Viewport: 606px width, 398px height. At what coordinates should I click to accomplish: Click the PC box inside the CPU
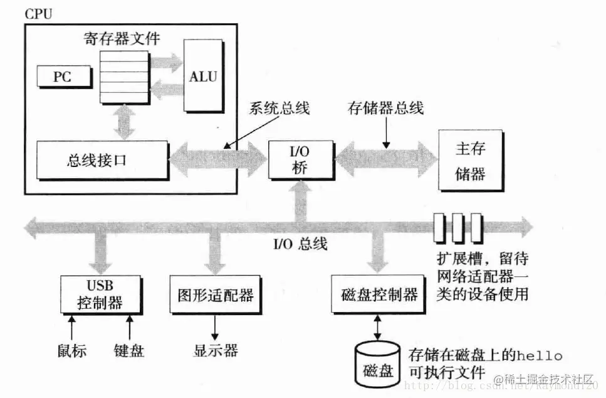coord(64,76)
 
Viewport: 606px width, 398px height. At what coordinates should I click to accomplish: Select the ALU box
coord(204,76)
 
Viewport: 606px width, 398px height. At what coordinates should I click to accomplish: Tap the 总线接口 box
coord(102,160)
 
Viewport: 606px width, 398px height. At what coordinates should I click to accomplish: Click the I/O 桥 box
coord(301,159)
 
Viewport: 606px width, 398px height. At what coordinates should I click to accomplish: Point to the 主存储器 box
coord(471,161)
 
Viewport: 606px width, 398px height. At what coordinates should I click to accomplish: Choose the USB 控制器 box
coord(100,294)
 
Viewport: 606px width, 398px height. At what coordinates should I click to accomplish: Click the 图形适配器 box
coord(216,294)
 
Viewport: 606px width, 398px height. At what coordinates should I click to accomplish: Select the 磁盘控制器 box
coord(378,294)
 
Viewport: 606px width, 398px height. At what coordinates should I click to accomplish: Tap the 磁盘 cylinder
coord(378,365)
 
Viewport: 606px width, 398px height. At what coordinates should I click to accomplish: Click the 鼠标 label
coord(72,351)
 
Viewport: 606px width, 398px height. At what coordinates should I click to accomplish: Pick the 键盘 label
coord(129,351)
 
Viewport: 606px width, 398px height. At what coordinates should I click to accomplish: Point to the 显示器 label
coord(216,351)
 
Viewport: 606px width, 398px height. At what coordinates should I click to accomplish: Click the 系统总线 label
coord(279,108)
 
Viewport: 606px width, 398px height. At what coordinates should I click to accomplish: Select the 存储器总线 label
coord(385,108)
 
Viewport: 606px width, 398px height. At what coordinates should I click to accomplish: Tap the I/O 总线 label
coord(300,244)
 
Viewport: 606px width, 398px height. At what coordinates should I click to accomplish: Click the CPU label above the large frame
coord(38,14)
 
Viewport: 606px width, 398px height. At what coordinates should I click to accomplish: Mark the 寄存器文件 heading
coord(122,38)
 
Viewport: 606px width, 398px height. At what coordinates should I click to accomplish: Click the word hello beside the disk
coord(540,355)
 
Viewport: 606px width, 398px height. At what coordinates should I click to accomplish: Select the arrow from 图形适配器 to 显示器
coord(215,328)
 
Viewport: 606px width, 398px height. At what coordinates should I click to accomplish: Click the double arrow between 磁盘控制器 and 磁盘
coord(378,328)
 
